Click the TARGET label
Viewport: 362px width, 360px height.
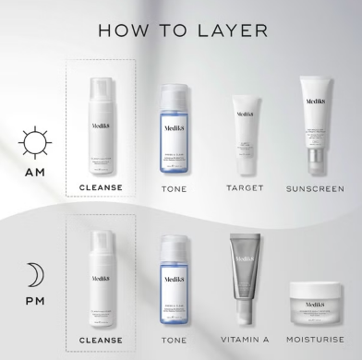point(244,187)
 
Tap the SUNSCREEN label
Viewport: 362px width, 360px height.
point(313,187)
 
